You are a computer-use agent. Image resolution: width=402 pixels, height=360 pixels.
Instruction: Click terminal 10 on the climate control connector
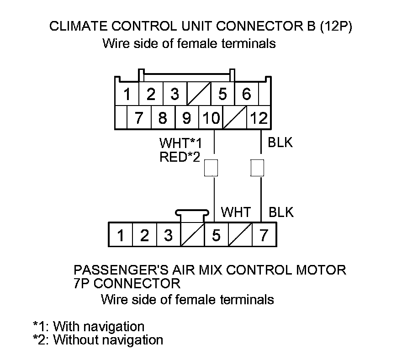coord(211,118)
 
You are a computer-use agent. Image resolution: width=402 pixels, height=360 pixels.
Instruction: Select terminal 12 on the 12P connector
coord(259,118)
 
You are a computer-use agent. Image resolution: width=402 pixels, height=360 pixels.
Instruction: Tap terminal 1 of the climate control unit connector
coord(127,95)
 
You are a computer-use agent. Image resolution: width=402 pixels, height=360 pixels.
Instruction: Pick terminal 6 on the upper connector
coord(247,95)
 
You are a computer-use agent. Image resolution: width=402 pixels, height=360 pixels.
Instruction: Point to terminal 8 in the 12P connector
coord(163,118)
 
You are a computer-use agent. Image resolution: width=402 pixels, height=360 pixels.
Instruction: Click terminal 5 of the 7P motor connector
coord(216,236)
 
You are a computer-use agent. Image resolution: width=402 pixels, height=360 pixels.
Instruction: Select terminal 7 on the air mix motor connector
coord(264,236)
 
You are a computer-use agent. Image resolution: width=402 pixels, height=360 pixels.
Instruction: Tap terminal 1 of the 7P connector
coord(120,236)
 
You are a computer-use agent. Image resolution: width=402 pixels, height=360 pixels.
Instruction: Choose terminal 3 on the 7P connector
coord(168,236)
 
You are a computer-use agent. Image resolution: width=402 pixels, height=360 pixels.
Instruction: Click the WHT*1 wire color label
coord(180,143)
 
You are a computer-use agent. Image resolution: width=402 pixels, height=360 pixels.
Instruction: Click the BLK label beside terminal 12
coord(280,143)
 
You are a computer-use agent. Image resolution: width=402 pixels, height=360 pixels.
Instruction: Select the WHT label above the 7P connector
coord(236,212)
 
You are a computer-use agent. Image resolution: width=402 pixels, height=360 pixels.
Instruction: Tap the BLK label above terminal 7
coord(281,212)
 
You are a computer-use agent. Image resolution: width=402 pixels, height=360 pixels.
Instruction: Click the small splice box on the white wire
coord(211,168)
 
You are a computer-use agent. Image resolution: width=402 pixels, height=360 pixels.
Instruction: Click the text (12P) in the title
coord(336,26)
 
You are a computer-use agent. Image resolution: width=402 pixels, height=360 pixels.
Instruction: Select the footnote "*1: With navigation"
coord(89,327)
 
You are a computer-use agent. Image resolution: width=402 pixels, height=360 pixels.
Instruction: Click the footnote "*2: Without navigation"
coord(98,340)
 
